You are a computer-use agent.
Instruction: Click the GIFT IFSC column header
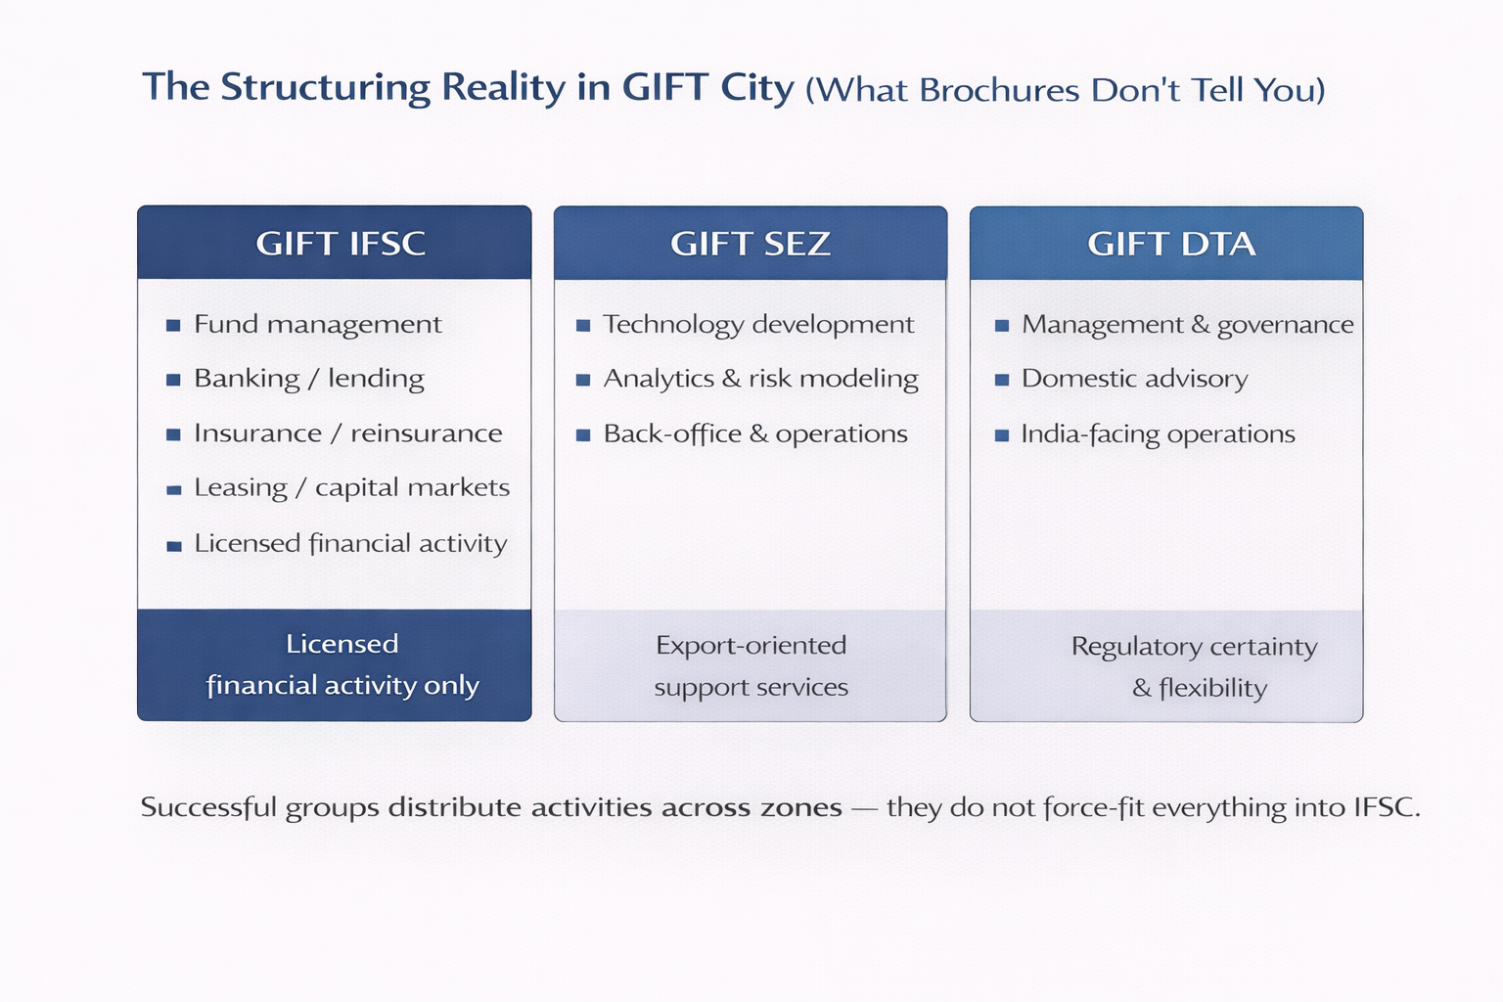(341, 243)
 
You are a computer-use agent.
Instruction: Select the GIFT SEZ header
(751, 243)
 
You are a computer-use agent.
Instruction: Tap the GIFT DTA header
(1170, 243)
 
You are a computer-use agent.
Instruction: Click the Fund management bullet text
(317, 324)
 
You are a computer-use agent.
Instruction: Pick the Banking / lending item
(308, 379)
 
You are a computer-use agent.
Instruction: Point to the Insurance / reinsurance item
(347, 433)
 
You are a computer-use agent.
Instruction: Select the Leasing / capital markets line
(351, 488)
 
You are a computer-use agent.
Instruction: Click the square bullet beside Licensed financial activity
(174, 545)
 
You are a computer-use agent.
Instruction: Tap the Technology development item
(758, 324)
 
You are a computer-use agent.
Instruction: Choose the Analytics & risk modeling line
(760, 379)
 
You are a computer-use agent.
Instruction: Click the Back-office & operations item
(755, 433)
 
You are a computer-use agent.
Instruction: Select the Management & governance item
(1187, 324)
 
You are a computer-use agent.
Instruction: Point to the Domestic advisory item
(1134, 379)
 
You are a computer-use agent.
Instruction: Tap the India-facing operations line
(1158, 433)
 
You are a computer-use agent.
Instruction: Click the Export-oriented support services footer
(751, 665)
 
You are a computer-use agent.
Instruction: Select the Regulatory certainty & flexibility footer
(1195, 666)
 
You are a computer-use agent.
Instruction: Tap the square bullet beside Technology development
(583, 325)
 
